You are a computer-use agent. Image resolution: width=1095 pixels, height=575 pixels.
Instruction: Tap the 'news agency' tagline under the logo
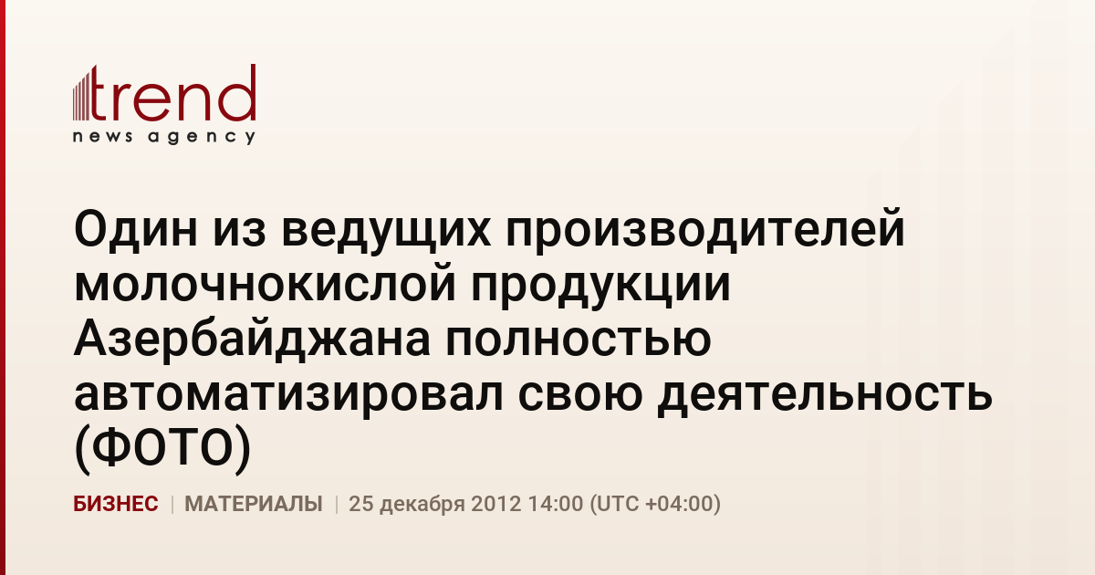click(x=164, y=137)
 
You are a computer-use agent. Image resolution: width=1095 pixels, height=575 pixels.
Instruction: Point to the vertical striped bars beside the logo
click(x=81, y=94)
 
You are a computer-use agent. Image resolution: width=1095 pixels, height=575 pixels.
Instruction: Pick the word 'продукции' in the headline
click(x=600, y=287)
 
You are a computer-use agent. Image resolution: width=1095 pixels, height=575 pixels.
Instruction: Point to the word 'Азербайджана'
click(x=252, y=339)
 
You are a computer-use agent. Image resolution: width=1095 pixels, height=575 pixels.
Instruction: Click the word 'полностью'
click(x=578, y=340)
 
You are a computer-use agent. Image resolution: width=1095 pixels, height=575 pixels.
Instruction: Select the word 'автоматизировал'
click(x=288, y=397)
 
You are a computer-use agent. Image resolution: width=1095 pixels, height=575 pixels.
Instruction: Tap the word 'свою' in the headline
click(x=579, y=395)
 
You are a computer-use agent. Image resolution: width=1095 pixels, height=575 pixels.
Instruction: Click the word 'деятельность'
click(x=824, y=397)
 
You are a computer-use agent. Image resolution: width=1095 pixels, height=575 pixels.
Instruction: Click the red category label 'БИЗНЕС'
click(x=116, y=504)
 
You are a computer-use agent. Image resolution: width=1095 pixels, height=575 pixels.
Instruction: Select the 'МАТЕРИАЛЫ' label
click(x=254, y=504)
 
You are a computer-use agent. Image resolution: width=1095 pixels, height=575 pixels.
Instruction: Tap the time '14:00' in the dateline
click(x=556, y=504)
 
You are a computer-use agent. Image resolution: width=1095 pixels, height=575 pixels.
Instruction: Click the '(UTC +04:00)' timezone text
click(x=655, y=504)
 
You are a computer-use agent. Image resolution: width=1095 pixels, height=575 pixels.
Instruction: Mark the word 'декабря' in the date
click(x=422, y=505)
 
